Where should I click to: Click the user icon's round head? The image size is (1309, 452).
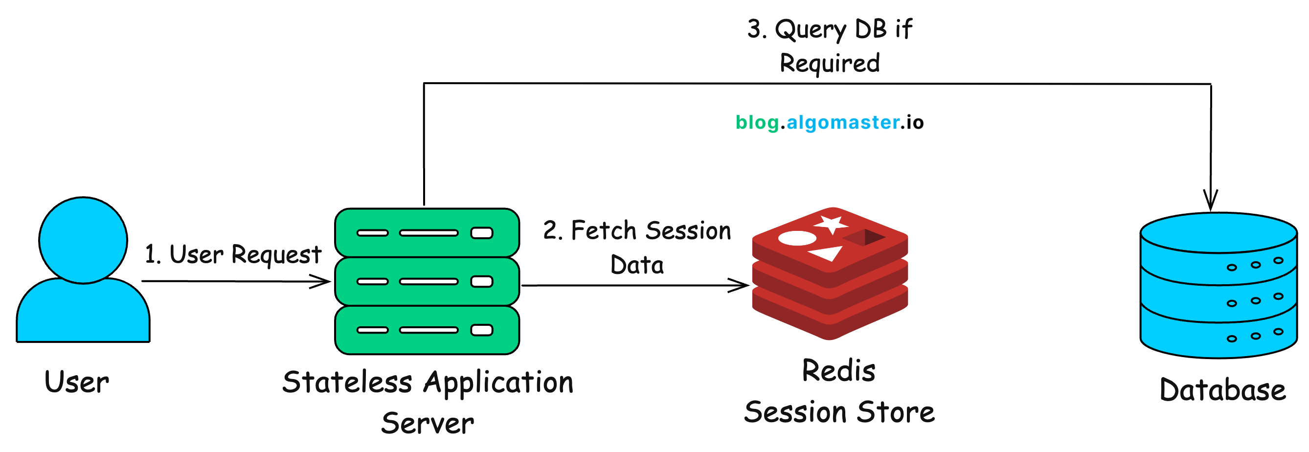pos(83,240)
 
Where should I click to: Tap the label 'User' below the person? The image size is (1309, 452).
pos(77,383)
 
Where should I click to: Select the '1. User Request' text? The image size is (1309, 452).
pos(233,254)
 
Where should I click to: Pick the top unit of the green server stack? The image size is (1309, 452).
pos(427,233)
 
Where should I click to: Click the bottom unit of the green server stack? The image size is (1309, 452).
pos(427,330)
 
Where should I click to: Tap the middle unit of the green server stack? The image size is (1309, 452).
pos(427,282)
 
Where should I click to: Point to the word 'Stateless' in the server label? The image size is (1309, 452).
pos(347,383)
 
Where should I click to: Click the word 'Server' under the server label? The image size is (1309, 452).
pos(428,424)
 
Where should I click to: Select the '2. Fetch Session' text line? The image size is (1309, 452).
pos(637,230)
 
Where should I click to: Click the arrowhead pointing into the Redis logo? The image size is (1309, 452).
pos(742,285)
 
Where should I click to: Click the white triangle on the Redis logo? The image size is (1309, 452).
pos(827,253)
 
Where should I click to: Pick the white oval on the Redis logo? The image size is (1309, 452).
pos(797,238)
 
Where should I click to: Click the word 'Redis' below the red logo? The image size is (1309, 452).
pos(838,371)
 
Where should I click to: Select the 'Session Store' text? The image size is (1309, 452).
pos(839,412)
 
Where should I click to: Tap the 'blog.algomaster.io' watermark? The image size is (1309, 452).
pos(829,122)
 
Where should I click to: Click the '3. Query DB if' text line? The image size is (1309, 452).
pos(829,29)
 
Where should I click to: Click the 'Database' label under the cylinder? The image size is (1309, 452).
pos(1222,390)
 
